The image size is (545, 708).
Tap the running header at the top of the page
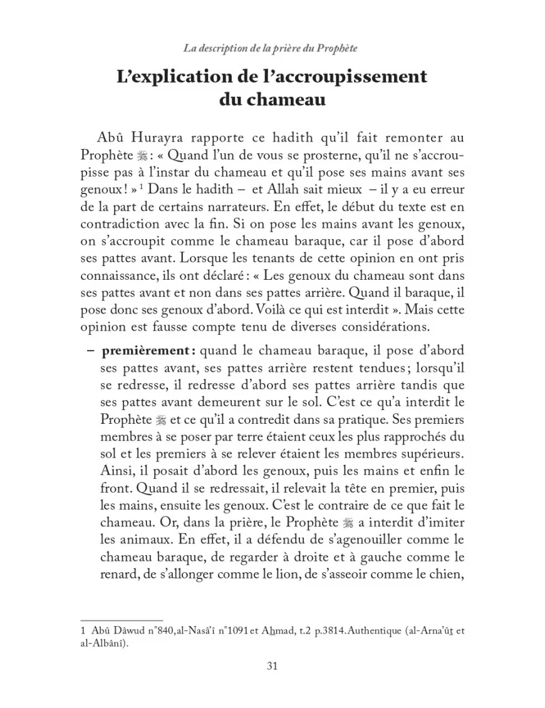[x=272, y=48]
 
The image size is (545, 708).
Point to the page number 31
[x=272, y=665]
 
